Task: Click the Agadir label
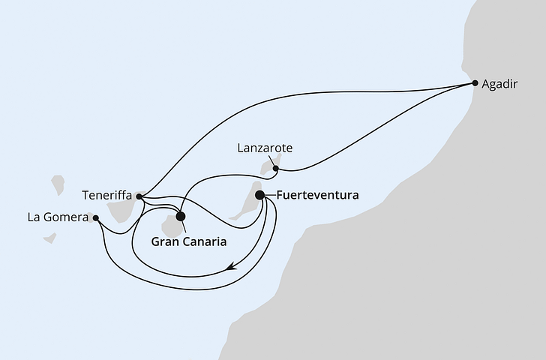(501, 84)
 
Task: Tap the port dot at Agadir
(474, 83)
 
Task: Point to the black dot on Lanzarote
(276, 169)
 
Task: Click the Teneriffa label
(106, 196)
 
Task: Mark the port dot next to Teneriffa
(139, 196)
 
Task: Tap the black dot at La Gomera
(95, 219)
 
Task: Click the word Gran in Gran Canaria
(167, 242)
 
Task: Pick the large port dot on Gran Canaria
(181, 216)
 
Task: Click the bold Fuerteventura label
(317, 195)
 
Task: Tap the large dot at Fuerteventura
(260, 195)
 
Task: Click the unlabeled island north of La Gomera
(58, 184)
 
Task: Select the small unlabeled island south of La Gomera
(49, 238)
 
